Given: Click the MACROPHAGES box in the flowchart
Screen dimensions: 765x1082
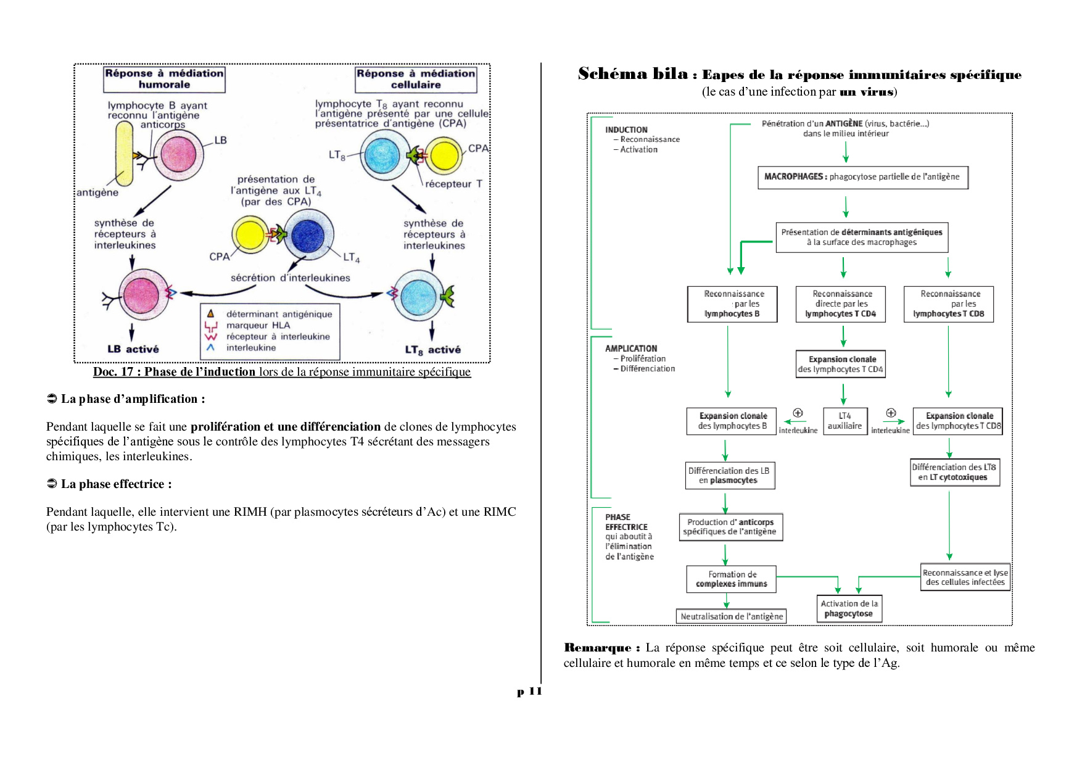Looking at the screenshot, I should coord(862,177).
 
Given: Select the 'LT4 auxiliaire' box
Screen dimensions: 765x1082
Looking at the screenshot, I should coord(845,421).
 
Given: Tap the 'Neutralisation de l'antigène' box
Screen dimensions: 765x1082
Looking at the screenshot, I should coord(732,616).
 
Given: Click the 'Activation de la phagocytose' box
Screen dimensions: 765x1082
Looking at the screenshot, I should coord(849,609).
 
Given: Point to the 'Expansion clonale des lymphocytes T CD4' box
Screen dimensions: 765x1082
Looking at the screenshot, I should coord(842,364).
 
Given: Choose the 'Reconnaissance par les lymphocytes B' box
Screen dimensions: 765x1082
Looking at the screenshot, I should coord(732,304).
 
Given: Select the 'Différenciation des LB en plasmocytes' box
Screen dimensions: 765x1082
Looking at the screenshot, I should coord(729,476).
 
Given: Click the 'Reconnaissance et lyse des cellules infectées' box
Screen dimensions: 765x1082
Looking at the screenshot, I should coord(965,577).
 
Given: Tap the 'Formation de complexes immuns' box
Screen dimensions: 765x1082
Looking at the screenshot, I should coord(732,579).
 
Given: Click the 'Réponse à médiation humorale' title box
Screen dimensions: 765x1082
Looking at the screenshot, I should coord(164,79).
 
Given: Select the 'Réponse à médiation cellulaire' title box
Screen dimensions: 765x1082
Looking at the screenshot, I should coord(416,79).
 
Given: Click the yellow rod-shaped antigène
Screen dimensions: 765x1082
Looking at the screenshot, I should coord(125,154).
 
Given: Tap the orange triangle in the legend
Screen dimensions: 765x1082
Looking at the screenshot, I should coord(210,313).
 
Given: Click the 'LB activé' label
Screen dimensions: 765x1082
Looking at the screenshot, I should coord(133,349).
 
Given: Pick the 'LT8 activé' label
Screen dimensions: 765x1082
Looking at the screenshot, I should coord(432,350).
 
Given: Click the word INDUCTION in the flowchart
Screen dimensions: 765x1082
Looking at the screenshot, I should coord(626,130).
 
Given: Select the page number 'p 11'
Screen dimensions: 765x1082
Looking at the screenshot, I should coord(529,692).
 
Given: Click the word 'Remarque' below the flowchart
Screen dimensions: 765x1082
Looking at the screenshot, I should coord(598,648).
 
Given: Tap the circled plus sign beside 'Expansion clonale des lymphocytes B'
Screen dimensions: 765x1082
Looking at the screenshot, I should coord(798,413).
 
